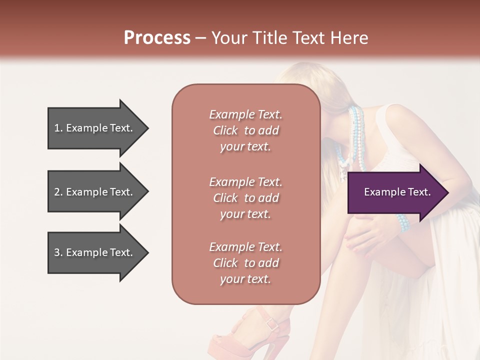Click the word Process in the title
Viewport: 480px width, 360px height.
[x=157, y=37]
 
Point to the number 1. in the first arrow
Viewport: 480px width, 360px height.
[x=58, y=128]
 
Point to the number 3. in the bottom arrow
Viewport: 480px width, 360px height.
[x=58, y=252]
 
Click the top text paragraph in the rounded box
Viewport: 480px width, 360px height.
[x=245, y=130]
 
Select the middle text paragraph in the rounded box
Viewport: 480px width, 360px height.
[x=245, y=198]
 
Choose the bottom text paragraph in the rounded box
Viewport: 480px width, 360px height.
[x=245, y=263]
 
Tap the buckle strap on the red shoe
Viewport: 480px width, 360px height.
[x=272, y=323]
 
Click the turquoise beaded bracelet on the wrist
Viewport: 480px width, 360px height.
[x=402, y=222]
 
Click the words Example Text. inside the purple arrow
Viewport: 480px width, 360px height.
[x=397, y=192]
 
